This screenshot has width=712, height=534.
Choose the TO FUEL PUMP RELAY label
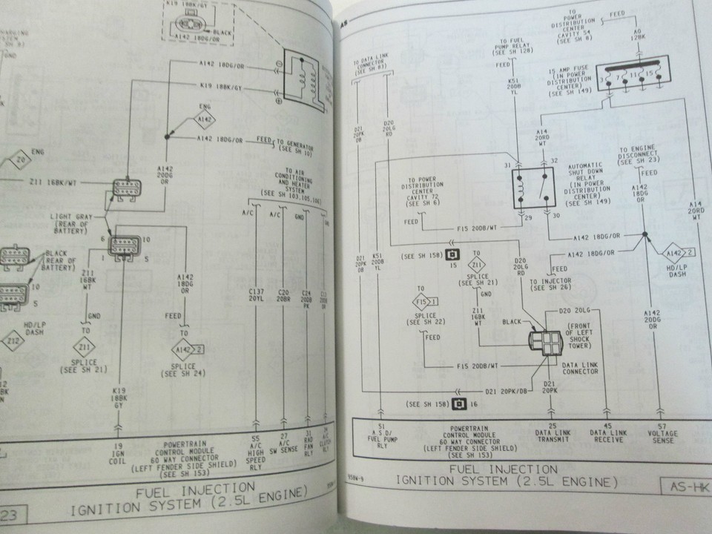click(x=515, y=46)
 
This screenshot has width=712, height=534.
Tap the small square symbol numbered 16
click(x=462, y=404)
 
